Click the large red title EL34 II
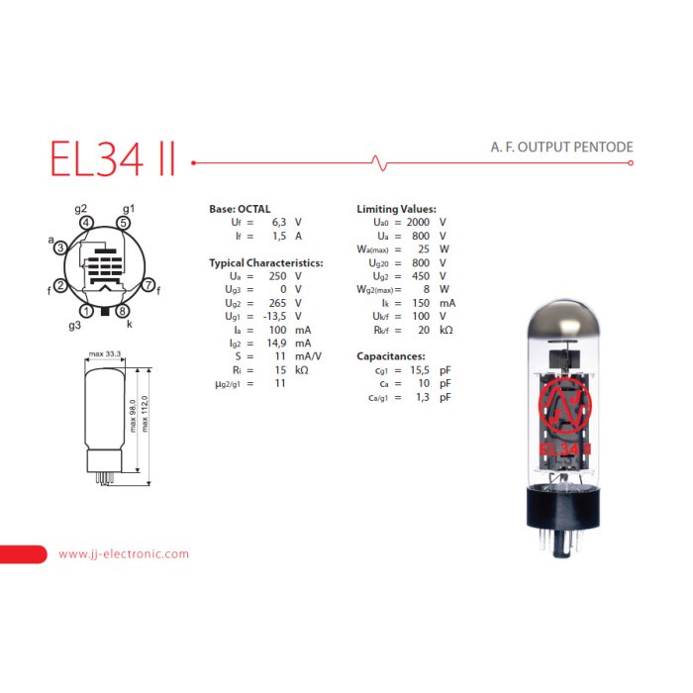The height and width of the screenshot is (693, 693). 112,158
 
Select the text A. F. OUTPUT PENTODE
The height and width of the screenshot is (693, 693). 561,148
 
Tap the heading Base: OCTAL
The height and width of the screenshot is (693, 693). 240,210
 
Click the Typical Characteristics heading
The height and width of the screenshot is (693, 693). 266,263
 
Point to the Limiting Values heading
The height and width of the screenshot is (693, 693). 396,210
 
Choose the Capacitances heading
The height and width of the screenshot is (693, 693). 390,356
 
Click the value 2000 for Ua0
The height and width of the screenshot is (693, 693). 419,223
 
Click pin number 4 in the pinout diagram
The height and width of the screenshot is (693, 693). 87,223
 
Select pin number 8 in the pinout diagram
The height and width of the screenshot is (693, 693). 123,311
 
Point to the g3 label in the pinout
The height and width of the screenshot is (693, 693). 75,325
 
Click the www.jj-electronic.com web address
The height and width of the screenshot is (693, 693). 124,554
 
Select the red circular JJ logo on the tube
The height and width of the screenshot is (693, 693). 563,405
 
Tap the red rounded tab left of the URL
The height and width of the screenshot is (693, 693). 23,554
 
